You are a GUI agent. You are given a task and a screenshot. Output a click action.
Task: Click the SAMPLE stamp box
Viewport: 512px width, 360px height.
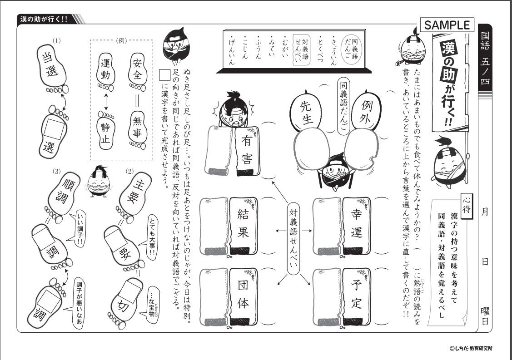447,25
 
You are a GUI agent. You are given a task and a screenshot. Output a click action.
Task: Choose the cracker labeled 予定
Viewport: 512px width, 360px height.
357,295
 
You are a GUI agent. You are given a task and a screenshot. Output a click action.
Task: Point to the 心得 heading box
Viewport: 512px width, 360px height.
466,198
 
